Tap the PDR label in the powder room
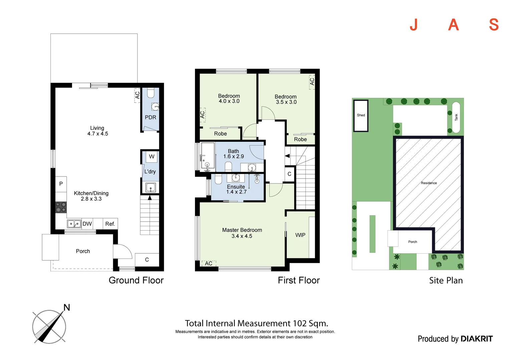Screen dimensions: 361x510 coord(150,117)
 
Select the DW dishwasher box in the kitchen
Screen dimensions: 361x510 coord(87,224)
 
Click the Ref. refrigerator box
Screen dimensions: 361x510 coord(110,224)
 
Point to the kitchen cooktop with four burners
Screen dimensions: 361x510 coord(61,207)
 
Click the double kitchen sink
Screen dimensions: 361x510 coord(74,224)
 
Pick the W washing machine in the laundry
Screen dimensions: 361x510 coord(152,156)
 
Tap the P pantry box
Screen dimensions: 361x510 coord(61,184)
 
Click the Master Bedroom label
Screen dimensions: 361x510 coord(242,230)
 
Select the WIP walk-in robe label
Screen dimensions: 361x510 coord(300,235)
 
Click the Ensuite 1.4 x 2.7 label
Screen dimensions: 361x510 coord(236,189)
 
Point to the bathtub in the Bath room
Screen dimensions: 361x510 coord(207,156)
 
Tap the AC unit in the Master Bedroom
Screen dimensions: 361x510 coord(209,263)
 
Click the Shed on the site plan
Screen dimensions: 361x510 coord(361,115)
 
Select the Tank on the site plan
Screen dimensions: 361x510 coord(456,117)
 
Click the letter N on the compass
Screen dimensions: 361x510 coord(67,308)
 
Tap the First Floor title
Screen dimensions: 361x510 coord(298,280)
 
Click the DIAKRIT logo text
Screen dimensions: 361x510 coord(476,339)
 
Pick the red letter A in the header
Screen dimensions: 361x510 coord(453,25)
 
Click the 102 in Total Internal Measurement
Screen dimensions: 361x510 coord(299,323)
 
